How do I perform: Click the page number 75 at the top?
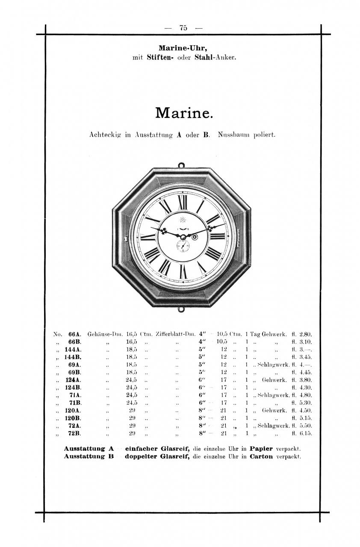click(183, 28)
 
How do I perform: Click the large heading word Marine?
click(183, 113)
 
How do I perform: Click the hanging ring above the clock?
click(181, 165)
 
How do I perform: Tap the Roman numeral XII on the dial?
click(183, 202)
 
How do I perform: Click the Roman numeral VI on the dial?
click(183, 271)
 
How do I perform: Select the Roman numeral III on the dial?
click(217, 236)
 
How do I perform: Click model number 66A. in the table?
click(75, 334)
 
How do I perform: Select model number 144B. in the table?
click(73, 357)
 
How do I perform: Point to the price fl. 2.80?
click(302, 334)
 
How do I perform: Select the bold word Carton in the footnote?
click(261, 456)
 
